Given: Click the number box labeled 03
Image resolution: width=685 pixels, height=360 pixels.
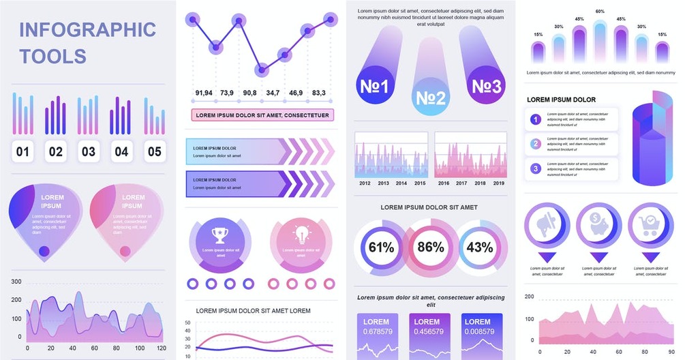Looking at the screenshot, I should click(89, 151).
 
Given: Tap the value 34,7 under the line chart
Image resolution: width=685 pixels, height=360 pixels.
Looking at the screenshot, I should click(273, 93).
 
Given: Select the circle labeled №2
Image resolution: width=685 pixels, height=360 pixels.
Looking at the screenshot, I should click(431, 98).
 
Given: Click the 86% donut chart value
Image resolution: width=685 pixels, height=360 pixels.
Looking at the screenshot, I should click(430, 247).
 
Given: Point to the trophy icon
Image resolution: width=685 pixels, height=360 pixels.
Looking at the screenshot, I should click(219, 235).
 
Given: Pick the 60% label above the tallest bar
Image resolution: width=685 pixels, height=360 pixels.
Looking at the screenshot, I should click(600, 12).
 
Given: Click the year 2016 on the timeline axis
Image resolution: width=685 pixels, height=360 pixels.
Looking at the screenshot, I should click(444, 183).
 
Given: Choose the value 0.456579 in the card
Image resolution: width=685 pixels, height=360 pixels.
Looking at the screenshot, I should click(427, 331).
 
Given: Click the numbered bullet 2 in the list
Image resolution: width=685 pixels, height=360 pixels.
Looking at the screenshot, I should click(536, 144).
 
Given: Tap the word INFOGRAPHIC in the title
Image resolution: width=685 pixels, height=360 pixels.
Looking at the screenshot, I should click(88, 30).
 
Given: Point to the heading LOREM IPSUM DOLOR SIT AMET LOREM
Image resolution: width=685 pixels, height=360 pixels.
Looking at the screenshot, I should click(253, 311).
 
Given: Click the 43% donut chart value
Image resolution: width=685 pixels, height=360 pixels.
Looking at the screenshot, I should click(480, 247).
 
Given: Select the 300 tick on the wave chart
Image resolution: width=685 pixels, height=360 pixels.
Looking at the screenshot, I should click(16, 282).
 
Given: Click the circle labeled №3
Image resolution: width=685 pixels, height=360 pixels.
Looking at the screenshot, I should click(487, 87).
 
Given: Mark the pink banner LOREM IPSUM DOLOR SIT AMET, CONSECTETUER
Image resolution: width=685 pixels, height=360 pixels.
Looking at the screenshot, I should click(262, 115).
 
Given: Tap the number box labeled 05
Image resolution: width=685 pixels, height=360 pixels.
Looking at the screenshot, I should click(155, 151).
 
